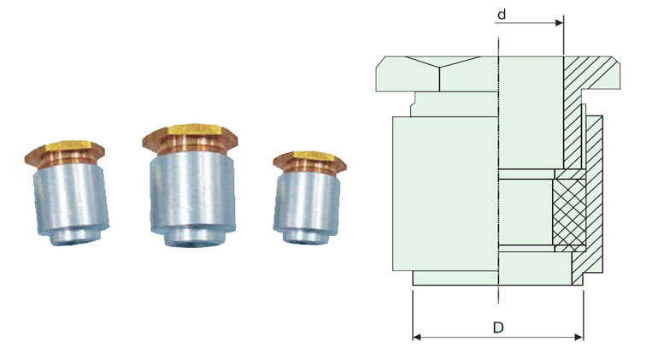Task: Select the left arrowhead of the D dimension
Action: [x=416, y=336]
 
